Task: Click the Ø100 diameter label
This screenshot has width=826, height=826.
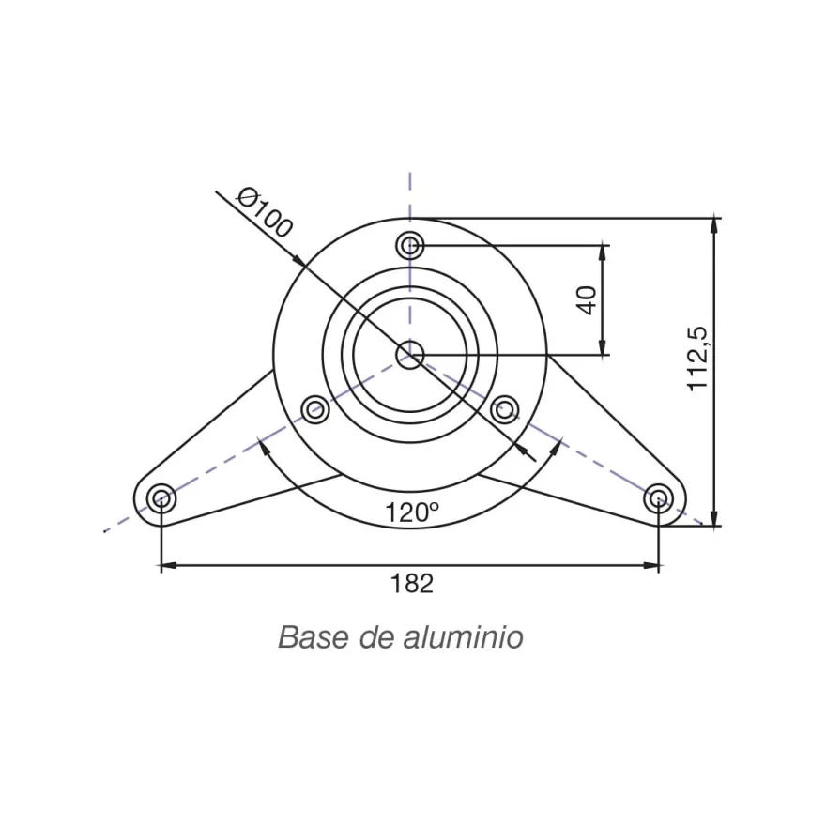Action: [265, 213]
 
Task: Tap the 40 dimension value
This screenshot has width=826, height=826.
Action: [587, 300]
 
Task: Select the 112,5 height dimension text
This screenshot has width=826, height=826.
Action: [698, 359]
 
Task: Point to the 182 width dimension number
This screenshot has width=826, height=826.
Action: [411, 584]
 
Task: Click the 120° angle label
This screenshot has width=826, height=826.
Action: [412, 512]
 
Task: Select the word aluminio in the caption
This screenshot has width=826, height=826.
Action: [463, 637]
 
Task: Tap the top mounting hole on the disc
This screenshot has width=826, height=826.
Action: [410, 246]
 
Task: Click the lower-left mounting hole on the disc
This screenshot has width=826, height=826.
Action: [315, 409]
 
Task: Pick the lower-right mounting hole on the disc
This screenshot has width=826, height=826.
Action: [505, 409]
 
